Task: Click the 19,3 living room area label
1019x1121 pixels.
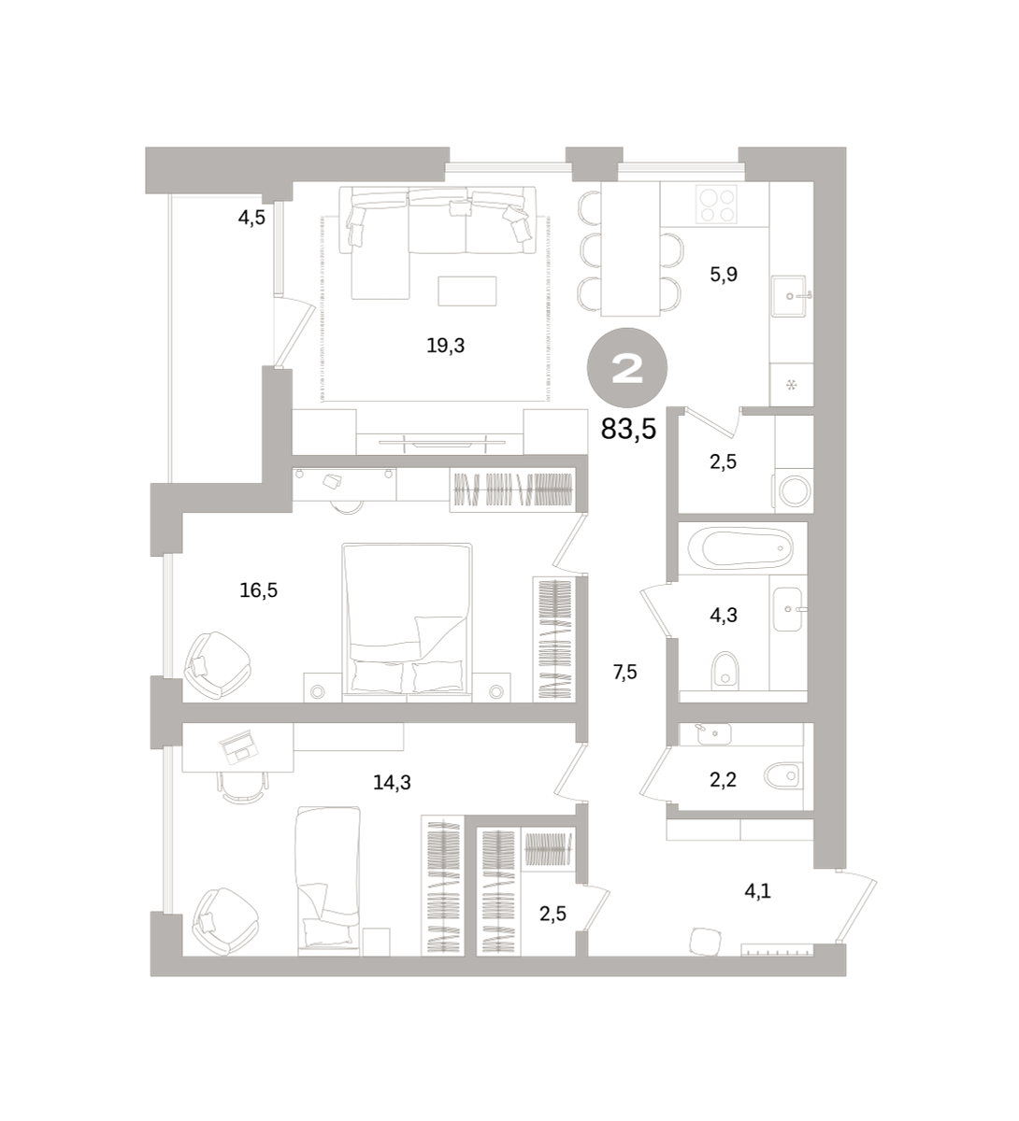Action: [445, 346]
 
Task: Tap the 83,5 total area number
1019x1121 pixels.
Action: [628, 429]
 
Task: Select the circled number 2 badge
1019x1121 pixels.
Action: [627, 368]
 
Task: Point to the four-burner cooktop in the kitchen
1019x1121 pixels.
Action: [716, 205]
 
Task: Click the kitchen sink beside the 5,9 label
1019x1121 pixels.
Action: [790, 295]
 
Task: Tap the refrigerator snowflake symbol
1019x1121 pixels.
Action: [791, 385]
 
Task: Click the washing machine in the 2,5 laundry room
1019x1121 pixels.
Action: [795, 491]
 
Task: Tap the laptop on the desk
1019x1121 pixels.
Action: [238, 747]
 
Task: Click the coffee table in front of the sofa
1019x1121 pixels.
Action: [467, 291]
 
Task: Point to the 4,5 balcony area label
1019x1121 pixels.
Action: [251, 218]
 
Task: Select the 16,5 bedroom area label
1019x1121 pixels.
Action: [258, 589]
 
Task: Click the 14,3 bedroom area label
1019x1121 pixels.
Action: [392, 782]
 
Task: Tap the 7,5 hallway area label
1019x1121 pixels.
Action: [624, 673]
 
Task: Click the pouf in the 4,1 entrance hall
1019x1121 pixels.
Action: [705, 942]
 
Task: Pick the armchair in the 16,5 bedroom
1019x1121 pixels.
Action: [217, 665]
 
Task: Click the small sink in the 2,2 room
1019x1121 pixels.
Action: [713, 733]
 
